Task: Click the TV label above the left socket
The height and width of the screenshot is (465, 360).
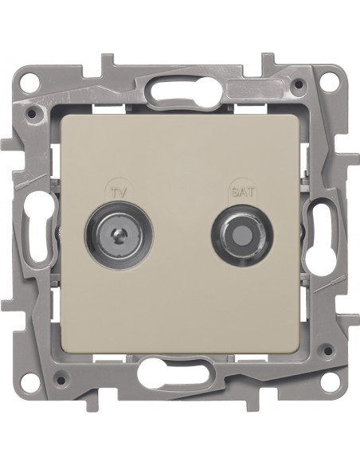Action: coord(119,193)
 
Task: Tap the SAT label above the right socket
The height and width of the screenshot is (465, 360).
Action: coord(243,192)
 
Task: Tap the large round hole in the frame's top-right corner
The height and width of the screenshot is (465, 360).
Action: coord(330,72)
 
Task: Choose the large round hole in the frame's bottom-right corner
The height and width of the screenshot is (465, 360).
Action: coord(330,389)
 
